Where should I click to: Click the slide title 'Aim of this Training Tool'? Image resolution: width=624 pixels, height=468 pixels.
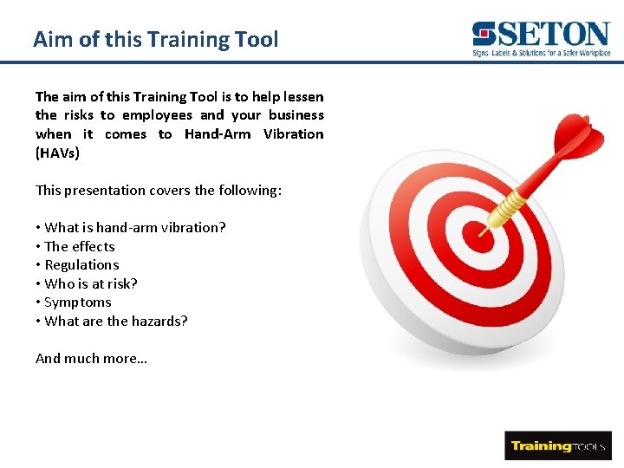point(156,39)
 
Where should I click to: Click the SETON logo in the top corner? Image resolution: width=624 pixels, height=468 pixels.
point(542,36)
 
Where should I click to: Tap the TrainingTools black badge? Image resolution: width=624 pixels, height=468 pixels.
point(557,445)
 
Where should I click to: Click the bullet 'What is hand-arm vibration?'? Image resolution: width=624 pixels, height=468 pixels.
point(134,227)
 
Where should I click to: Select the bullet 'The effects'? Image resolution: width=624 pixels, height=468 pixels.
point(79,246)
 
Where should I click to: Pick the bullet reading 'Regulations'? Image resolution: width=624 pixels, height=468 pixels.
point(81,265)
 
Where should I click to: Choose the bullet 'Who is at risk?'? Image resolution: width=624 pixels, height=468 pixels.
point(90,283)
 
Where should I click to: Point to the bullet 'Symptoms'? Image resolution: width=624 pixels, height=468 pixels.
point(77,302)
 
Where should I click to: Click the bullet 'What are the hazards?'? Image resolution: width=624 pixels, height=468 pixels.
point(115,321)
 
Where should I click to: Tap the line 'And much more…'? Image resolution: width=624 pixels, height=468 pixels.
point(91,358)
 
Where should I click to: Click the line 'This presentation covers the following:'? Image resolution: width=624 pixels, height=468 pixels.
point(159,190)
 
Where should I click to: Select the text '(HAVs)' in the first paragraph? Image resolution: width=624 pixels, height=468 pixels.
point(57,153)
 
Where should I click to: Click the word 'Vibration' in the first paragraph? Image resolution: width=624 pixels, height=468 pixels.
point(293,134)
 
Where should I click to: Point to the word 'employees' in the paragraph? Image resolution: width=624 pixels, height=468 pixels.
point(157,115)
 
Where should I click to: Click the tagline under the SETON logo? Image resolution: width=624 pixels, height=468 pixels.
point(542,53)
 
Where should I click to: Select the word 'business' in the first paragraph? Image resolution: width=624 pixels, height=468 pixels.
point(296,115)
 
